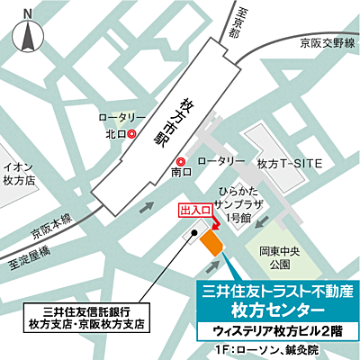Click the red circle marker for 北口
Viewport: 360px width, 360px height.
[x=132, y=134]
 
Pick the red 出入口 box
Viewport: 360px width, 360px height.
[x=196, y=210]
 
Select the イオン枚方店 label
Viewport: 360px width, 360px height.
[x=18, y=173]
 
